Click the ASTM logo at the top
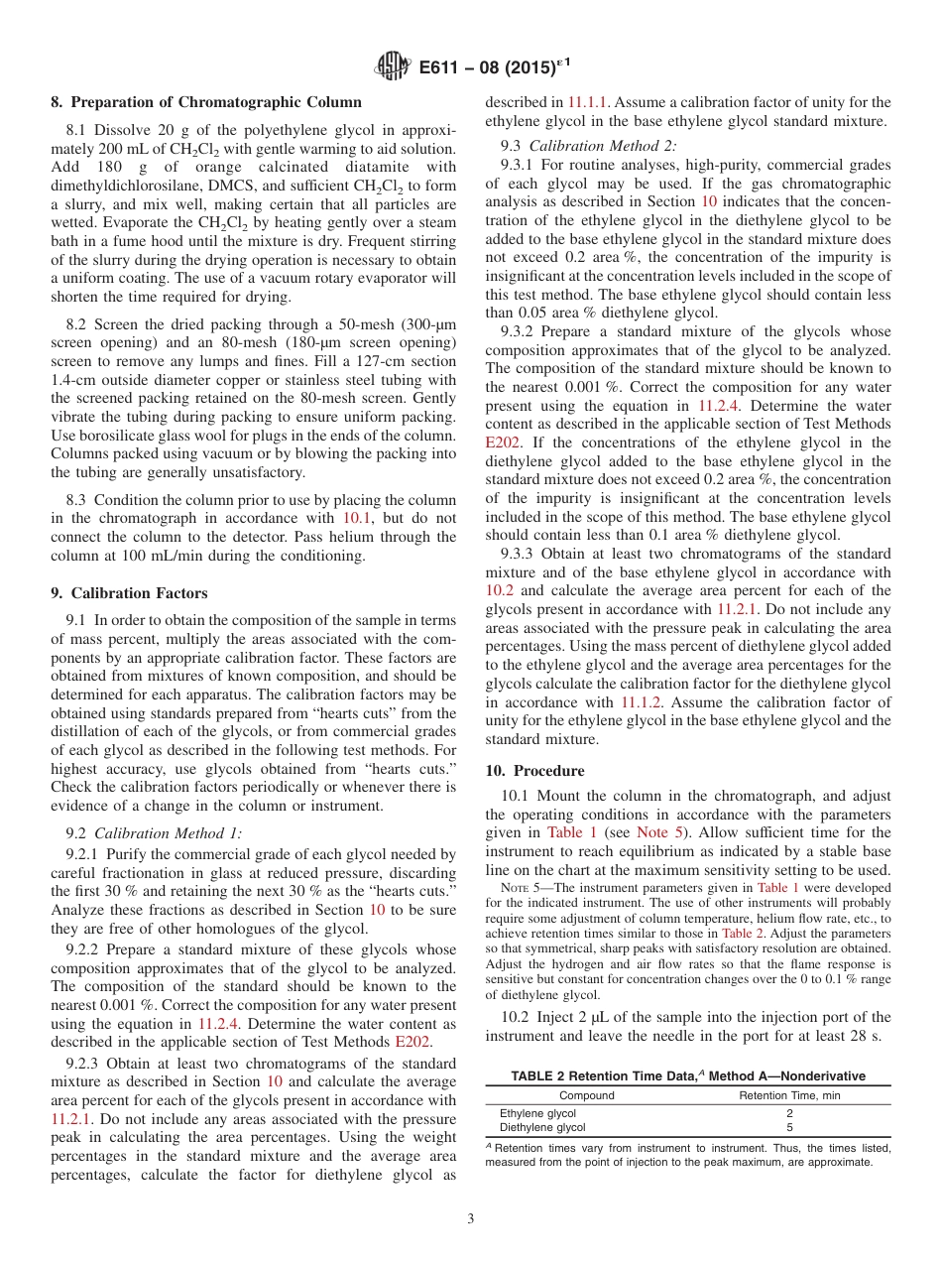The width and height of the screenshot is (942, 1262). coord(393,67)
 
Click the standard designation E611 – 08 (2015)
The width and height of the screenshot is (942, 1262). coord(494,67)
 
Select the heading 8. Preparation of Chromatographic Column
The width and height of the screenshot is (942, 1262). coord(206,102)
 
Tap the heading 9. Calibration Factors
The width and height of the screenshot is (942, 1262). coord(129,592)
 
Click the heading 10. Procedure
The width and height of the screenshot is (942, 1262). coord(534,770)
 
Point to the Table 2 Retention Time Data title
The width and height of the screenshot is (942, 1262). coord(687,1075)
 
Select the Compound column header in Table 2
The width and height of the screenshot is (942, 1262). coord(586,1095)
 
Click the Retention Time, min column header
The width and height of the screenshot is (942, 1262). coord(789,1095)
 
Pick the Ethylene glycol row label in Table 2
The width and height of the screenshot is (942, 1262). coord(537,1113)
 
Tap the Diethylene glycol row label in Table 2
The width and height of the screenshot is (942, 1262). coord(541,1127)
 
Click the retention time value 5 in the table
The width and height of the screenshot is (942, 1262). coord(789,1127)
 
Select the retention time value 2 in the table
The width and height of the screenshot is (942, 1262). coord(789,1113)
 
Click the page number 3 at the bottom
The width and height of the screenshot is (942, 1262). coord(471,1219)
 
